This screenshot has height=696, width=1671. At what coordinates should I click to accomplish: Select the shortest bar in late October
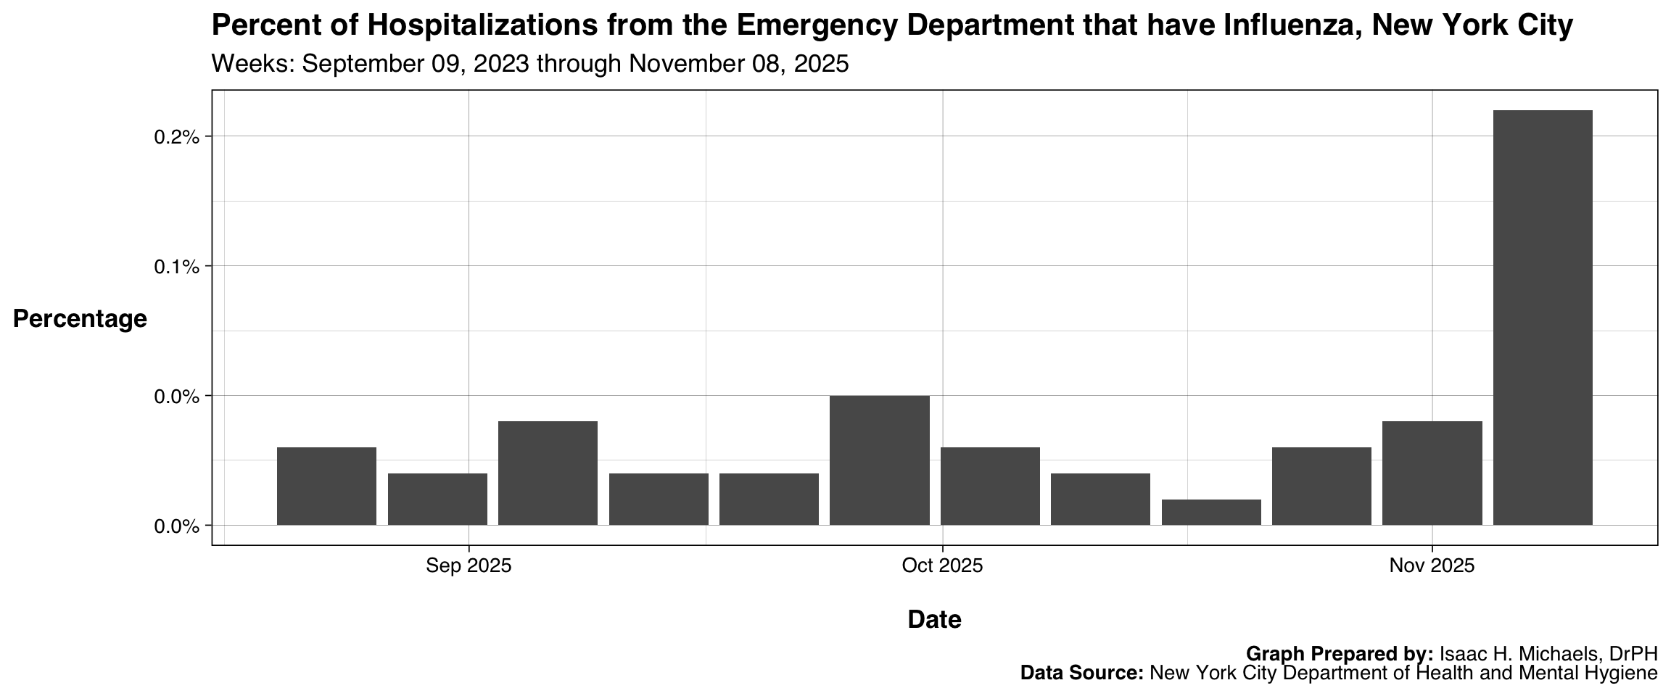click(1211, 512)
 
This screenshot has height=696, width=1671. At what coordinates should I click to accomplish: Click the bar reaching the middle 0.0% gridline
click(880, 460)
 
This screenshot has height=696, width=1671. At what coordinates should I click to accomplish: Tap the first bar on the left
click(326, 486)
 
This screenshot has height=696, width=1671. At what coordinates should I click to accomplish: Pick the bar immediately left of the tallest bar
click(1432, 473)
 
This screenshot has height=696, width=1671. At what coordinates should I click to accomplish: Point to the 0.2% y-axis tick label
click(176, 137)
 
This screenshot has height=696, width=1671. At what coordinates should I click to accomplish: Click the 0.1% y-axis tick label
click(176, 267)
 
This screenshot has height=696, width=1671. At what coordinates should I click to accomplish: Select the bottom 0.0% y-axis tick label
click(176, 526)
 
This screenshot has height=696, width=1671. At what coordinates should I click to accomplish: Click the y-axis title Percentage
click(80, 319)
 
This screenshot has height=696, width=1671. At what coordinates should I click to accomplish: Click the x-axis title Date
click(934, 620)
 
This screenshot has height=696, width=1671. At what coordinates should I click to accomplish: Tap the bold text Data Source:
click(1081, 674)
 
